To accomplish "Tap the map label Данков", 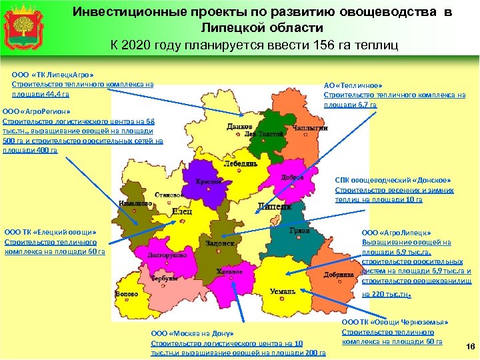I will point(239,126).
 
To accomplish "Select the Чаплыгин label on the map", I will point(310,127).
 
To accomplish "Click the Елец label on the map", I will point(182,211).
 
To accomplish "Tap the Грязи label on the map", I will point(299,230).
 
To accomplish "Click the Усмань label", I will point(283,292).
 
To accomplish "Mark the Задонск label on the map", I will point(220,244).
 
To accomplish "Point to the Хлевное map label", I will point(229,271).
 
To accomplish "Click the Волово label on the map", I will point(127,294).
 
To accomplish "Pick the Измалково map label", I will point(135,203).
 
